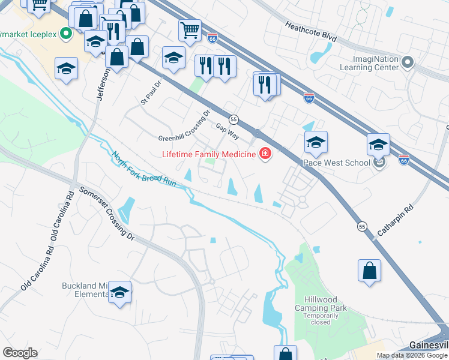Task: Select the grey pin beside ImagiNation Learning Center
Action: (408, 62)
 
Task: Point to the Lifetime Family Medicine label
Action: (209, 154)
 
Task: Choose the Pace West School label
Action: (336, 163)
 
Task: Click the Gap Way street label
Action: (227, 131)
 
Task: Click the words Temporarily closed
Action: (325, 319)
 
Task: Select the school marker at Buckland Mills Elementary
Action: (119, 292)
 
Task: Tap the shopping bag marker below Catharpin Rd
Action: (370, 270)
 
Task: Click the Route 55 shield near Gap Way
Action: (234, 119)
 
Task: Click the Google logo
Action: (20, 353)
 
